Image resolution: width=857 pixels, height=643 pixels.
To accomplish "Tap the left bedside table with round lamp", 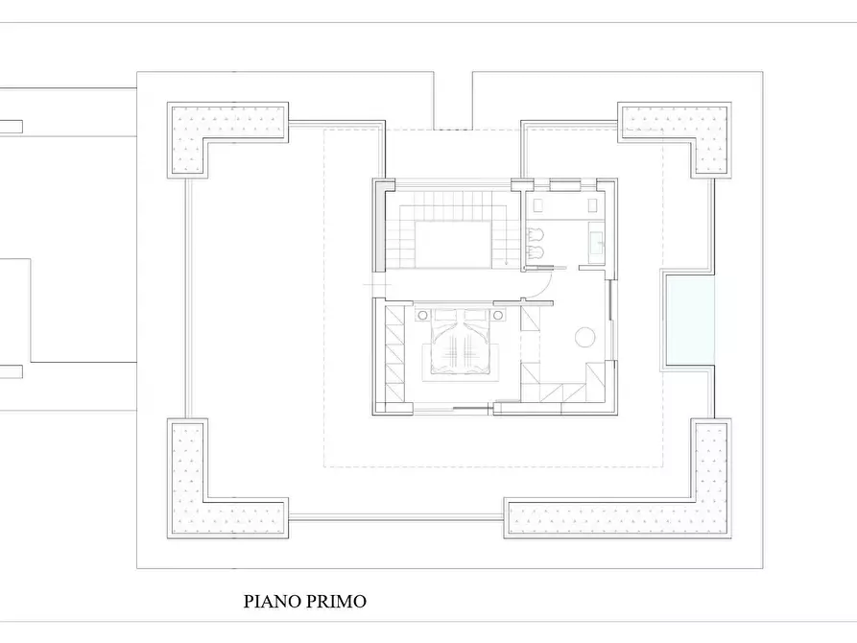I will (x=421, y=314).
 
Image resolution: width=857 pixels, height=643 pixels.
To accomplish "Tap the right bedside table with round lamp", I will (x=499, y=314).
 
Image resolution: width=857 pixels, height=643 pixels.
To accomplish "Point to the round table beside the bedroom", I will (x=584, y=337).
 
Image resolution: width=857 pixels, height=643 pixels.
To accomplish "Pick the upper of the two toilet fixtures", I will (x=536, y=233).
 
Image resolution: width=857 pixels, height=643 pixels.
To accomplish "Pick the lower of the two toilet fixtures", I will (x=536, y=253).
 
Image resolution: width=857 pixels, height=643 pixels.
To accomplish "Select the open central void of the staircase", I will (x=451, y=244).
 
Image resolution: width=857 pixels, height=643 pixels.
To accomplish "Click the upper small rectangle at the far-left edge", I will (x=11, y=126).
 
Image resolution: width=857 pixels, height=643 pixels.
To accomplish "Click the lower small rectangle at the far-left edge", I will (x=11, y=372).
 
